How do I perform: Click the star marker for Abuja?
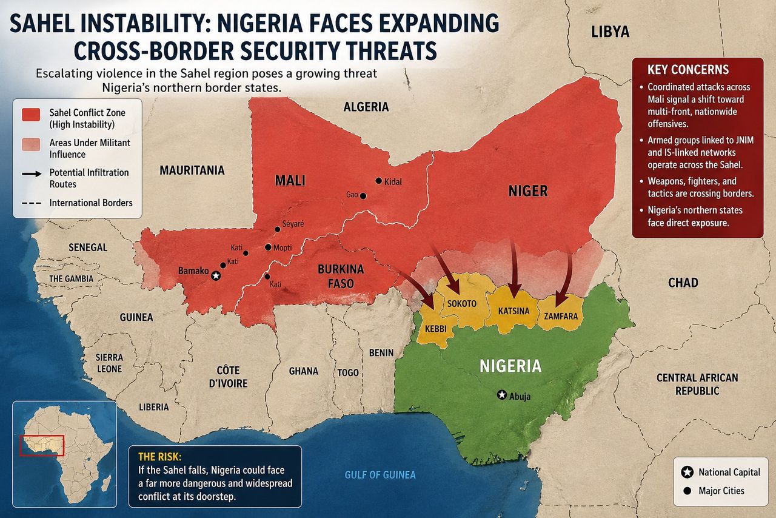(501, 395)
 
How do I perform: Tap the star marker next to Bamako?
(215, 275)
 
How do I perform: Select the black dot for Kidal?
(379, 181)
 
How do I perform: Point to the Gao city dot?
(363, 196)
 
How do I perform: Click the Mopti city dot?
(268, 247)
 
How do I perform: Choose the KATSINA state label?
(513, 311)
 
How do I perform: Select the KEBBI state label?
(435, 328)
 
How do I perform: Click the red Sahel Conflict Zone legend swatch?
(31, 113)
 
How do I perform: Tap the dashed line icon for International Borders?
(31, 203)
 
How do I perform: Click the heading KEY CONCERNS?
(687, 69)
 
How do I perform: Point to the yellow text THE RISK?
(156, 457)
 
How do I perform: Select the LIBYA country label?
(610, 32)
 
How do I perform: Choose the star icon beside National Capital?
(687, 472)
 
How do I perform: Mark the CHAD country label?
(683, 283)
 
